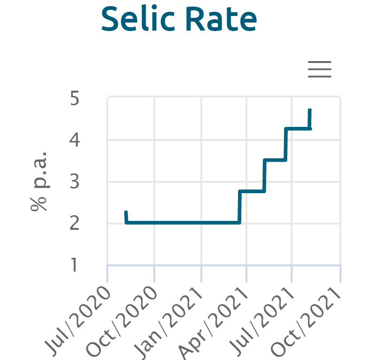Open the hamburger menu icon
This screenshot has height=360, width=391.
320,70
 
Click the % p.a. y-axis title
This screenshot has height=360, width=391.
39,181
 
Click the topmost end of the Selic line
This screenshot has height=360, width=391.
310,110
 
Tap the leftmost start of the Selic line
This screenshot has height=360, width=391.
126,212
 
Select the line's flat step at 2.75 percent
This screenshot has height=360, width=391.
252,191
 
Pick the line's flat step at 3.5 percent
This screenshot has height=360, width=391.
275,160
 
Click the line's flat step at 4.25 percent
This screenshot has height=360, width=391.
298,128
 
